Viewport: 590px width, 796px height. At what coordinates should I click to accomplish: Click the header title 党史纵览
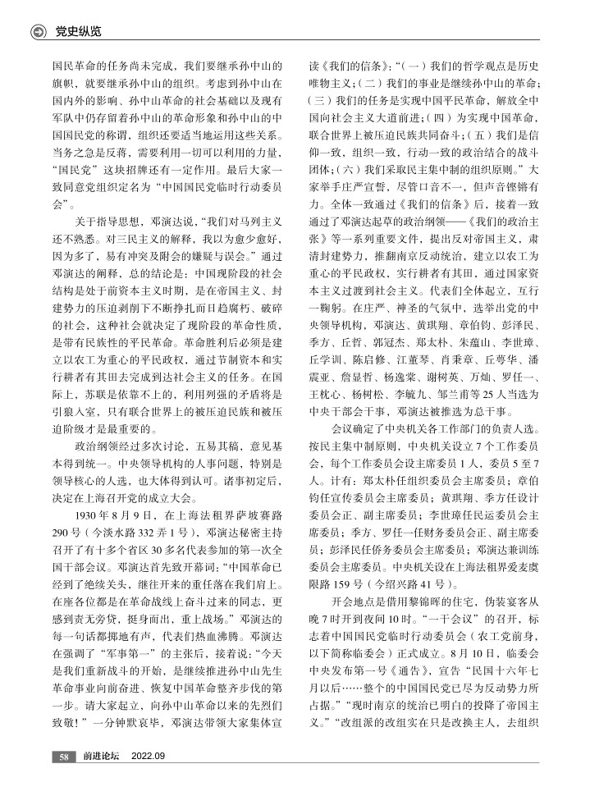point(77,32)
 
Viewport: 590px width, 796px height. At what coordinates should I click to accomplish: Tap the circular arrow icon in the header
point(38,32)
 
